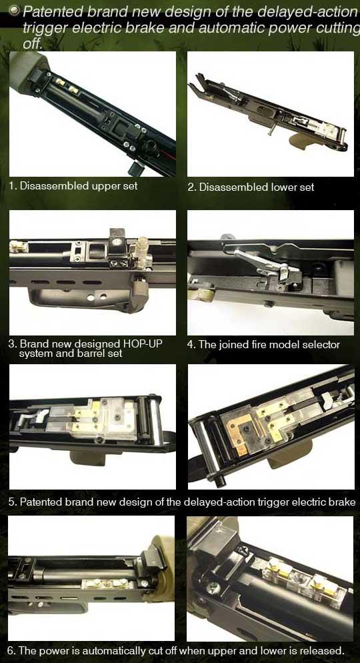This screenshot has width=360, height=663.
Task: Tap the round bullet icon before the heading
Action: (14, 10)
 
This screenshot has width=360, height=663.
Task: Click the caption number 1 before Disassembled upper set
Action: (12, 185)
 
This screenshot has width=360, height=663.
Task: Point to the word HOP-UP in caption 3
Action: (141, 344)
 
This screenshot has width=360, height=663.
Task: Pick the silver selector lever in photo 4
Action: (262, 262)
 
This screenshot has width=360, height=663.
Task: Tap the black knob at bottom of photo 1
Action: (135, 168)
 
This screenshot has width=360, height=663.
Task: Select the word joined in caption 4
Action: (230, 345)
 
